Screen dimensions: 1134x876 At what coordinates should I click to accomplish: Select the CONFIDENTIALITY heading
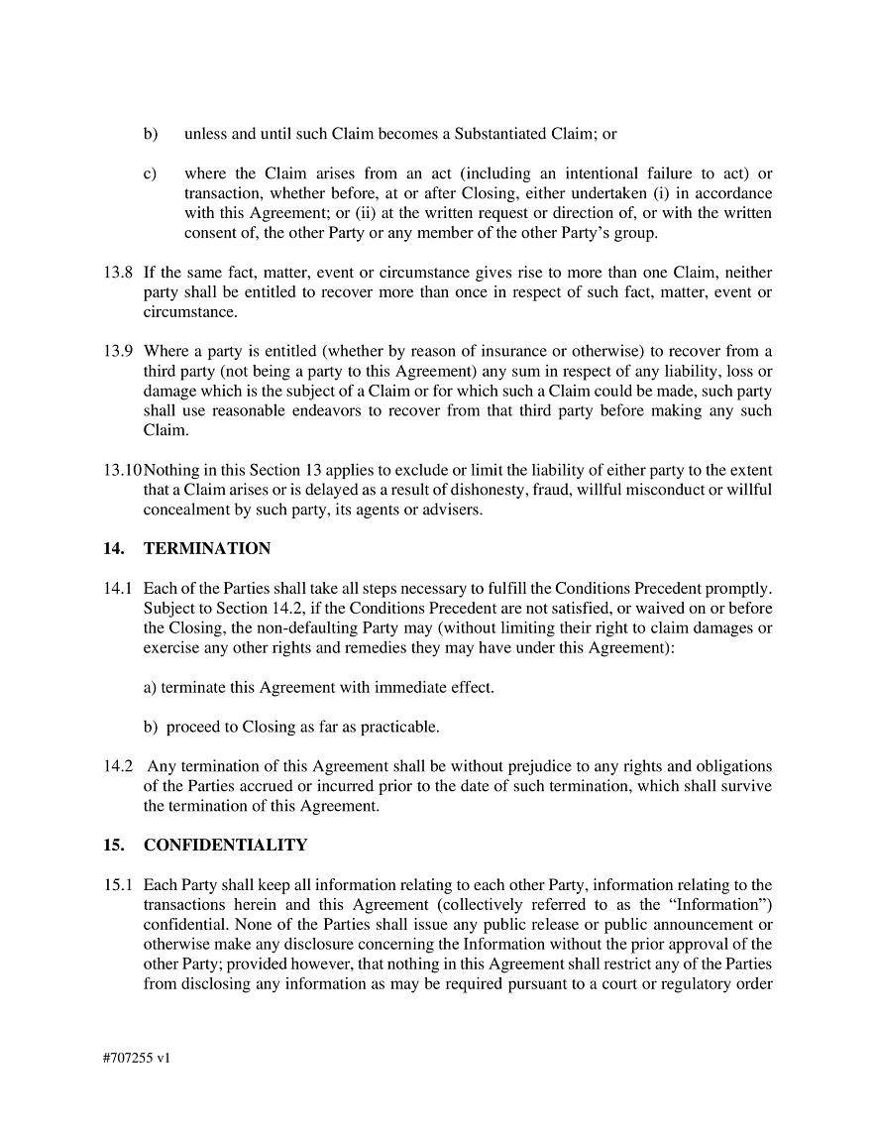(225, 846)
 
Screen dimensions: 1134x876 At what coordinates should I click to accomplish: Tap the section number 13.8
(118, 273)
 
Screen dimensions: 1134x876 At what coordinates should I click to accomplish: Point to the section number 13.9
(118, 351)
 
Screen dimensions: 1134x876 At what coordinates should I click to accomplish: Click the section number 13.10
(122, 470)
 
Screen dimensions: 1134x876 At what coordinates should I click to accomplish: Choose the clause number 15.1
(118, 885)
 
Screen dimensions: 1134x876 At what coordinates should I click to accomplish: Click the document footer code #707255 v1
(136, 1058)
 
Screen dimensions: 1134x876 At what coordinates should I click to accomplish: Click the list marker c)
(150, 173)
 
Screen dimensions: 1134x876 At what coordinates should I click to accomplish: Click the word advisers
(454, 510)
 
